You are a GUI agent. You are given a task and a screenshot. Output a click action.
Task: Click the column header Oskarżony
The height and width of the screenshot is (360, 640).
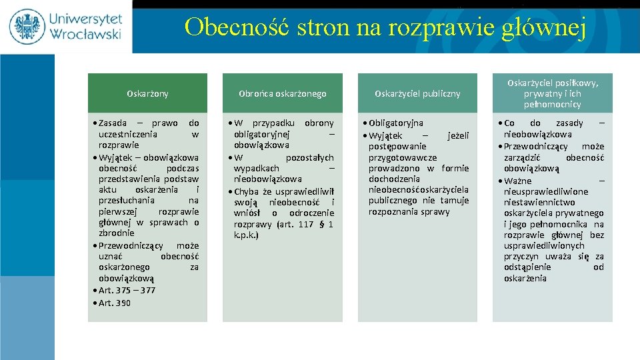coord(147,93)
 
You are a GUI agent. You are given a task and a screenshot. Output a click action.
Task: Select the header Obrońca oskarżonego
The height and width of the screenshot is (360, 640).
coord(283,93)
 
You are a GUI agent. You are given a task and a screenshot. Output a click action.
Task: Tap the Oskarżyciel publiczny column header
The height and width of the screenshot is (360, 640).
coord(417,93)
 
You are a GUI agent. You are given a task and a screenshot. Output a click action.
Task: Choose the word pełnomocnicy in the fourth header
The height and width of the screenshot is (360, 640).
coord(553,104)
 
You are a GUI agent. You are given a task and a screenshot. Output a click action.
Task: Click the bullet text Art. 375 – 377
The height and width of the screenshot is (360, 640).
coord(127,290)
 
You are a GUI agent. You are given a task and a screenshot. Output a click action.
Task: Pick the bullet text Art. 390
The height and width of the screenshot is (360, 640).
coord(115,303)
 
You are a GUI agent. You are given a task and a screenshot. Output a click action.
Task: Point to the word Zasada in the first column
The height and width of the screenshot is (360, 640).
coord(114,123)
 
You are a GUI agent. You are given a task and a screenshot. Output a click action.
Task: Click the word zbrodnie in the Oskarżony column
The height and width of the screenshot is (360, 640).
coord(116,233)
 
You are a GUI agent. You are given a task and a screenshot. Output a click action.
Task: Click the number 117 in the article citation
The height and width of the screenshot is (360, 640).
coord(305,224)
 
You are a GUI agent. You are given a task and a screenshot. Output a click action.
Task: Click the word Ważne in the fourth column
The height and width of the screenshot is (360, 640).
coord(518,181)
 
